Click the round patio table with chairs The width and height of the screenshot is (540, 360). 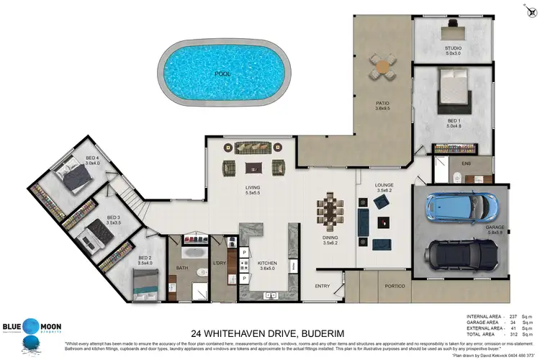click(x=382, y=66)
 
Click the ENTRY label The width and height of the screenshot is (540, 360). click(x=323, y=286)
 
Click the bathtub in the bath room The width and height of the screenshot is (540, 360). click(x=192, y=253)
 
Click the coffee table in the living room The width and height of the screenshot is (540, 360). click(x=253, y=168)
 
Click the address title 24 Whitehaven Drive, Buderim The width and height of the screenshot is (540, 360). click(x=269, y=333)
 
